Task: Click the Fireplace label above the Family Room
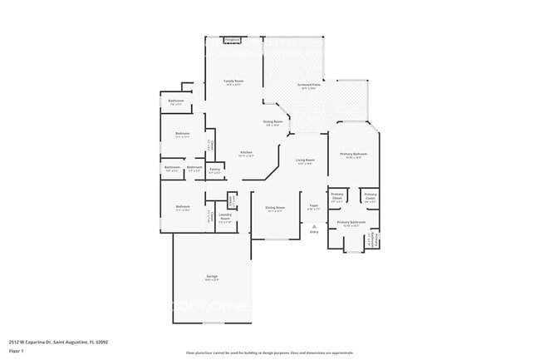233,39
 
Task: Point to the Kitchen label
246,154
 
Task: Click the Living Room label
306,160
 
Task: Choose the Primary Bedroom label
352,155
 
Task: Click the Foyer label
314,206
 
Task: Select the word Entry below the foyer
314,232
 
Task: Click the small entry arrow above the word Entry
314,225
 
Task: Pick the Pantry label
214,170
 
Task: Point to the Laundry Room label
225,219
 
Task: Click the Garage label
213,277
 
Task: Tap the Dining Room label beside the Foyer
275,208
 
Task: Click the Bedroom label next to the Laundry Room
183,208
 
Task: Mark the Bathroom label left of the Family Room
176,102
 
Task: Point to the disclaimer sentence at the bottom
269,353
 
